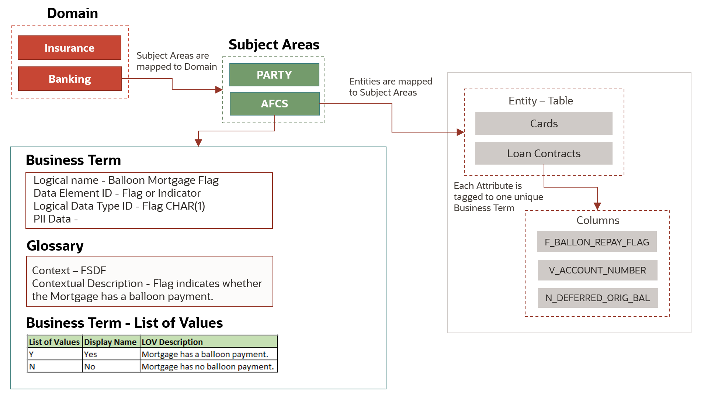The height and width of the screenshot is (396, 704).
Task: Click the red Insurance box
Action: (x=69, y=48)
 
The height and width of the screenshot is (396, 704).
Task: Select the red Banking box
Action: (x=70, y=79)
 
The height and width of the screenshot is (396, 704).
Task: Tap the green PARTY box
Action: (x=274, y=75)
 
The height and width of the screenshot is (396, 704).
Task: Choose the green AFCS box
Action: (x=274, y=104)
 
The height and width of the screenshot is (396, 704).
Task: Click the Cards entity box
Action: (x=544, y=123)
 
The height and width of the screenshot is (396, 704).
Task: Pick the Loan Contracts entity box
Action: (x=544, y=153)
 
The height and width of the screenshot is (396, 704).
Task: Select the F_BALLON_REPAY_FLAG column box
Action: (x=597, y=242)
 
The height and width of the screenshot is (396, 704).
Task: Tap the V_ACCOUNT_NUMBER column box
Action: (x=597, y=270)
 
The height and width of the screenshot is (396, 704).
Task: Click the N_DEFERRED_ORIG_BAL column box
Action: (x=597, y=298)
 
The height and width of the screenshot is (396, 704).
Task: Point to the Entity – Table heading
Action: (x=541, y=101)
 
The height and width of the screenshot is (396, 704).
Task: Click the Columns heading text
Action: (x=597, y=220)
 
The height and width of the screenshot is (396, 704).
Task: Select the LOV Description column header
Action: (x=209, y=342)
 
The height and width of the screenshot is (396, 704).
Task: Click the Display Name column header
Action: (x=110, y=342)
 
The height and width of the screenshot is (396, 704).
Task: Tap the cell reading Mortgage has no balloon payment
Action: (x=208, y=366)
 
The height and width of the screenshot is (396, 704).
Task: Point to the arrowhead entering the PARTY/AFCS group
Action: (x=219, y=90)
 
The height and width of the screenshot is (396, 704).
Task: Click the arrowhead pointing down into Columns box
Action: (x=597, y=206)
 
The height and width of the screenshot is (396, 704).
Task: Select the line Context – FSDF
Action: (x=69, y=271)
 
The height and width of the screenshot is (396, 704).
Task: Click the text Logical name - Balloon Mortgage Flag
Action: (x=126, y=180)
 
